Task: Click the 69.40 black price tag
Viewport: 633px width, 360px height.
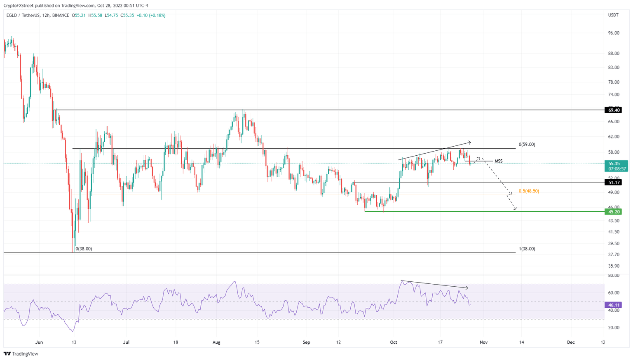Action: click(613, 110)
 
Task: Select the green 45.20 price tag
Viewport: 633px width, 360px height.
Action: click(613, 212)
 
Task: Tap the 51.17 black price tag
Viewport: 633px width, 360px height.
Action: click(613, 182)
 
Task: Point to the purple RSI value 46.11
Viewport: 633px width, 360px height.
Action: click(613, 305)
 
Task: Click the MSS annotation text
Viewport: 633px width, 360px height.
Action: click(498, 161)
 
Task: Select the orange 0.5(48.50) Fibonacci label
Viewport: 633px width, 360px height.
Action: click(529, 191)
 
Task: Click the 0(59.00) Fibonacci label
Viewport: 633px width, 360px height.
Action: click(527, 145)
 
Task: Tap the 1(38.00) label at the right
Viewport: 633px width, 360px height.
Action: click(527, 249)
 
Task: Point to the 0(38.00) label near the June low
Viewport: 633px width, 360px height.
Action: click(84, 249)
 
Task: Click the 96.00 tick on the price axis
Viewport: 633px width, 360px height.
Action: click(613, 33)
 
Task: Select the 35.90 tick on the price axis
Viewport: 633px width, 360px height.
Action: click(613, 266)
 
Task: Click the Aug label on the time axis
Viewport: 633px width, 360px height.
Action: click(217, 342)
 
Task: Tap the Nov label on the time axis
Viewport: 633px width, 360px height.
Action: click(484, 342)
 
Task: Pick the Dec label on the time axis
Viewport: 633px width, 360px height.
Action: click(571, 342)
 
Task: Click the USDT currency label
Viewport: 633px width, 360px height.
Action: click(613, 15)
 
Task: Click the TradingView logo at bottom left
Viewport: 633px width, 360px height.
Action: click(21, 354)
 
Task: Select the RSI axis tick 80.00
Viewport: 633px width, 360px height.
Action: click(613, 276)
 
